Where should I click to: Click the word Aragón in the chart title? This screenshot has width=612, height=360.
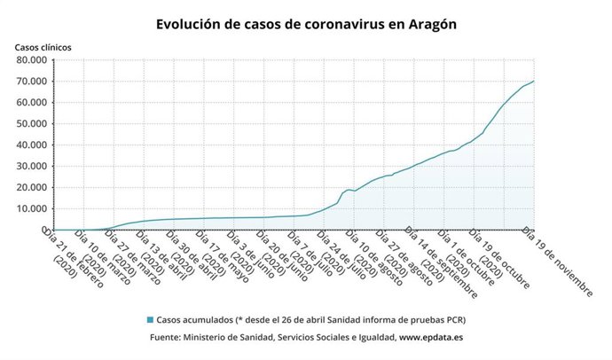428,25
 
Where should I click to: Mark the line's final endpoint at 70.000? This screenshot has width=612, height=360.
533,82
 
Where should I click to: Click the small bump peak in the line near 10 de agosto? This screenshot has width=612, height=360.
349,189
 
